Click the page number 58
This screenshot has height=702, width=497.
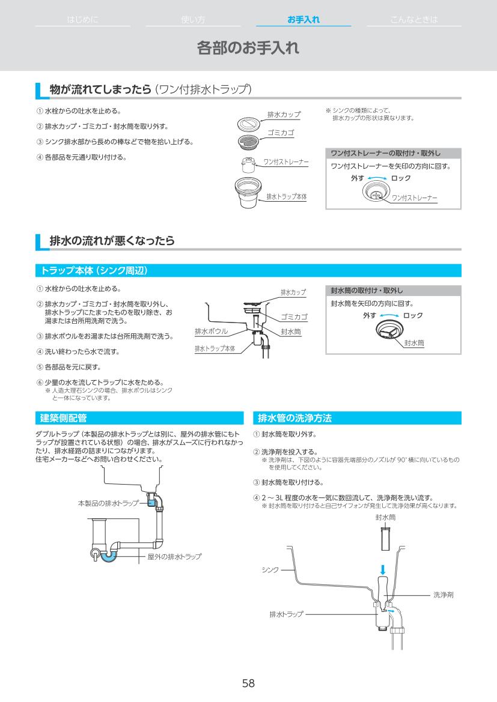(x=248, y=683)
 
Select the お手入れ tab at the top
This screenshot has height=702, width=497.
(x=303, y=20)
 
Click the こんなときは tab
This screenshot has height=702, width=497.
(x=413, y=20)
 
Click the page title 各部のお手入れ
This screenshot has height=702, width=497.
(x=248, y=48)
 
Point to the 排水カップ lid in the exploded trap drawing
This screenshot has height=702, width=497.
(x=248, y=124)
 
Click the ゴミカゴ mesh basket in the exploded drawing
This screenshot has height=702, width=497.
(x=248, y=142)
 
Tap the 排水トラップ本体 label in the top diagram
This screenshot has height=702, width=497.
(x=286, y=196)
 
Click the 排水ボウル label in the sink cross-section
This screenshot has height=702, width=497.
(x=211, y=331)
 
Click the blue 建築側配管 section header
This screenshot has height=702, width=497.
(x=63, y=417)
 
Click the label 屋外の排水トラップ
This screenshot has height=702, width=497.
(x=174, y=557)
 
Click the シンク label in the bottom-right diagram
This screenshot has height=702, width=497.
(x=270, y=569)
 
